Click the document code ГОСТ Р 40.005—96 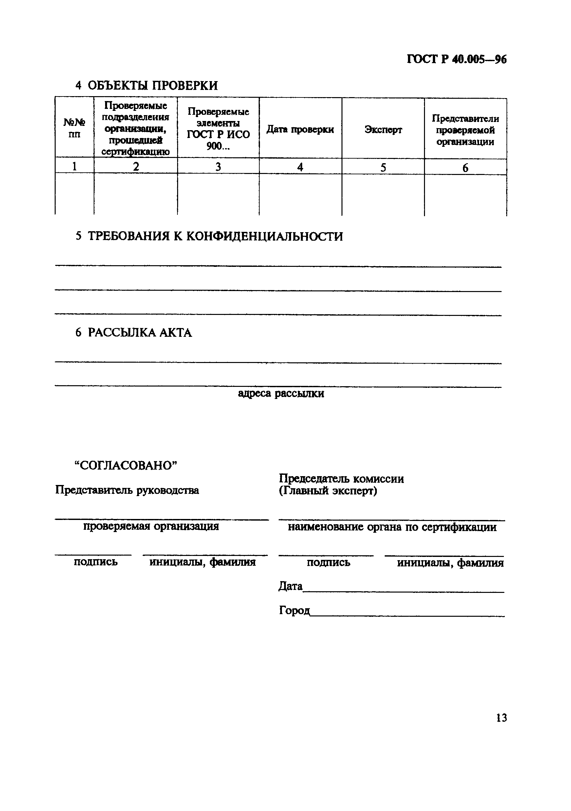(x=456, y=59)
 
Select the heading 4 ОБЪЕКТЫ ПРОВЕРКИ (x=146, y=85)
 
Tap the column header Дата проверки (x=300, y=129)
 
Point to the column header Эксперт (x=383, y=130)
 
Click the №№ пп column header (x=74, y=128)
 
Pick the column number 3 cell (x=218, y=167)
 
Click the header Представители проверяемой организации (x=465, y=130)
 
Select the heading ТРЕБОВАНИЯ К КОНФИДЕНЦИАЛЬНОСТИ (x=215, y=236)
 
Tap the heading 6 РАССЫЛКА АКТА (x=134, y=333)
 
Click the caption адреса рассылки (x=281, y=393)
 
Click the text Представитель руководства (x=127, y=490)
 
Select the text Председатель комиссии (x=341, y=479)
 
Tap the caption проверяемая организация (x=151, y=526)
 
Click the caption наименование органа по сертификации (x=392, y=527)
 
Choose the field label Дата (x=290, y=586)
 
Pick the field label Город (x=294, y=610)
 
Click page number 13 (x=501, y=718)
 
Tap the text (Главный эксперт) (x=328, y=491)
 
